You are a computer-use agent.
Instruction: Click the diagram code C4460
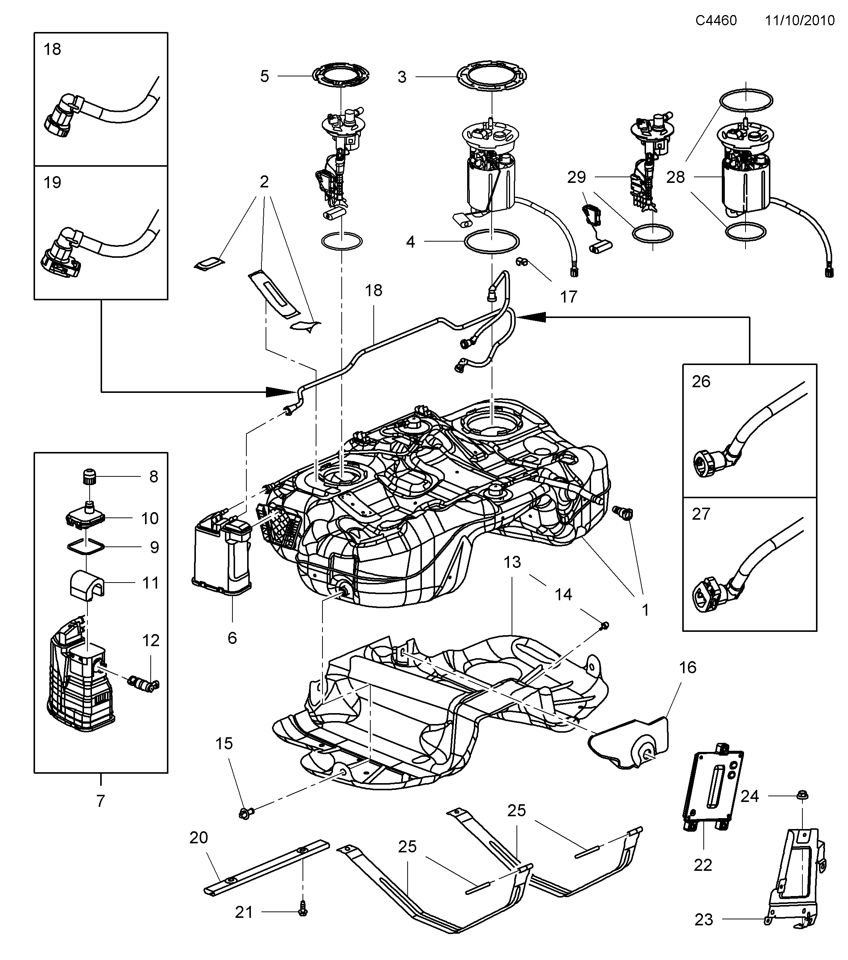tap(716, 21)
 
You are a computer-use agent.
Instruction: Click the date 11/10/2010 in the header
tap(799, 21)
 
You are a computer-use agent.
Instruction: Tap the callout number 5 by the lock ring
tap(265, 76)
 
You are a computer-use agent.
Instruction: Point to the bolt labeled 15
tap(246, 811)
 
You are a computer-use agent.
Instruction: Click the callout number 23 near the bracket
tap(703, 933)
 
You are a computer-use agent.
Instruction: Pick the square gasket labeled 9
tap(85, 547)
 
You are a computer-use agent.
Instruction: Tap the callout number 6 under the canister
tap(232, 637)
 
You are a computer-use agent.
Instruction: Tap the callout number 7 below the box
tap(100, 801)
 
